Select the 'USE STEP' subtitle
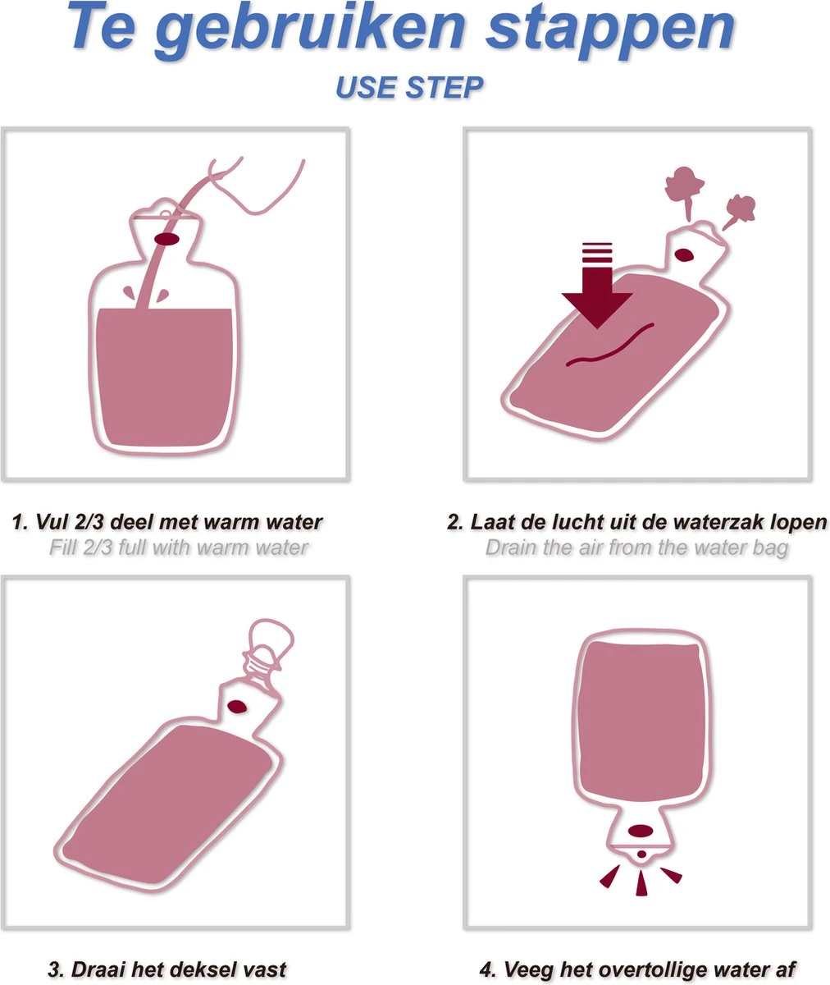[409, 87]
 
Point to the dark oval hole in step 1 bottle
[166, 239]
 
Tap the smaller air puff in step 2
[739, 211]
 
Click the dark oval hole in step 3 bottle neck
[237, 706]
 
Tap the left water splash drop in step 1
[129, 292]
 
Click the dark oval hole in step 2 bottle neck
[683, 255]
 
